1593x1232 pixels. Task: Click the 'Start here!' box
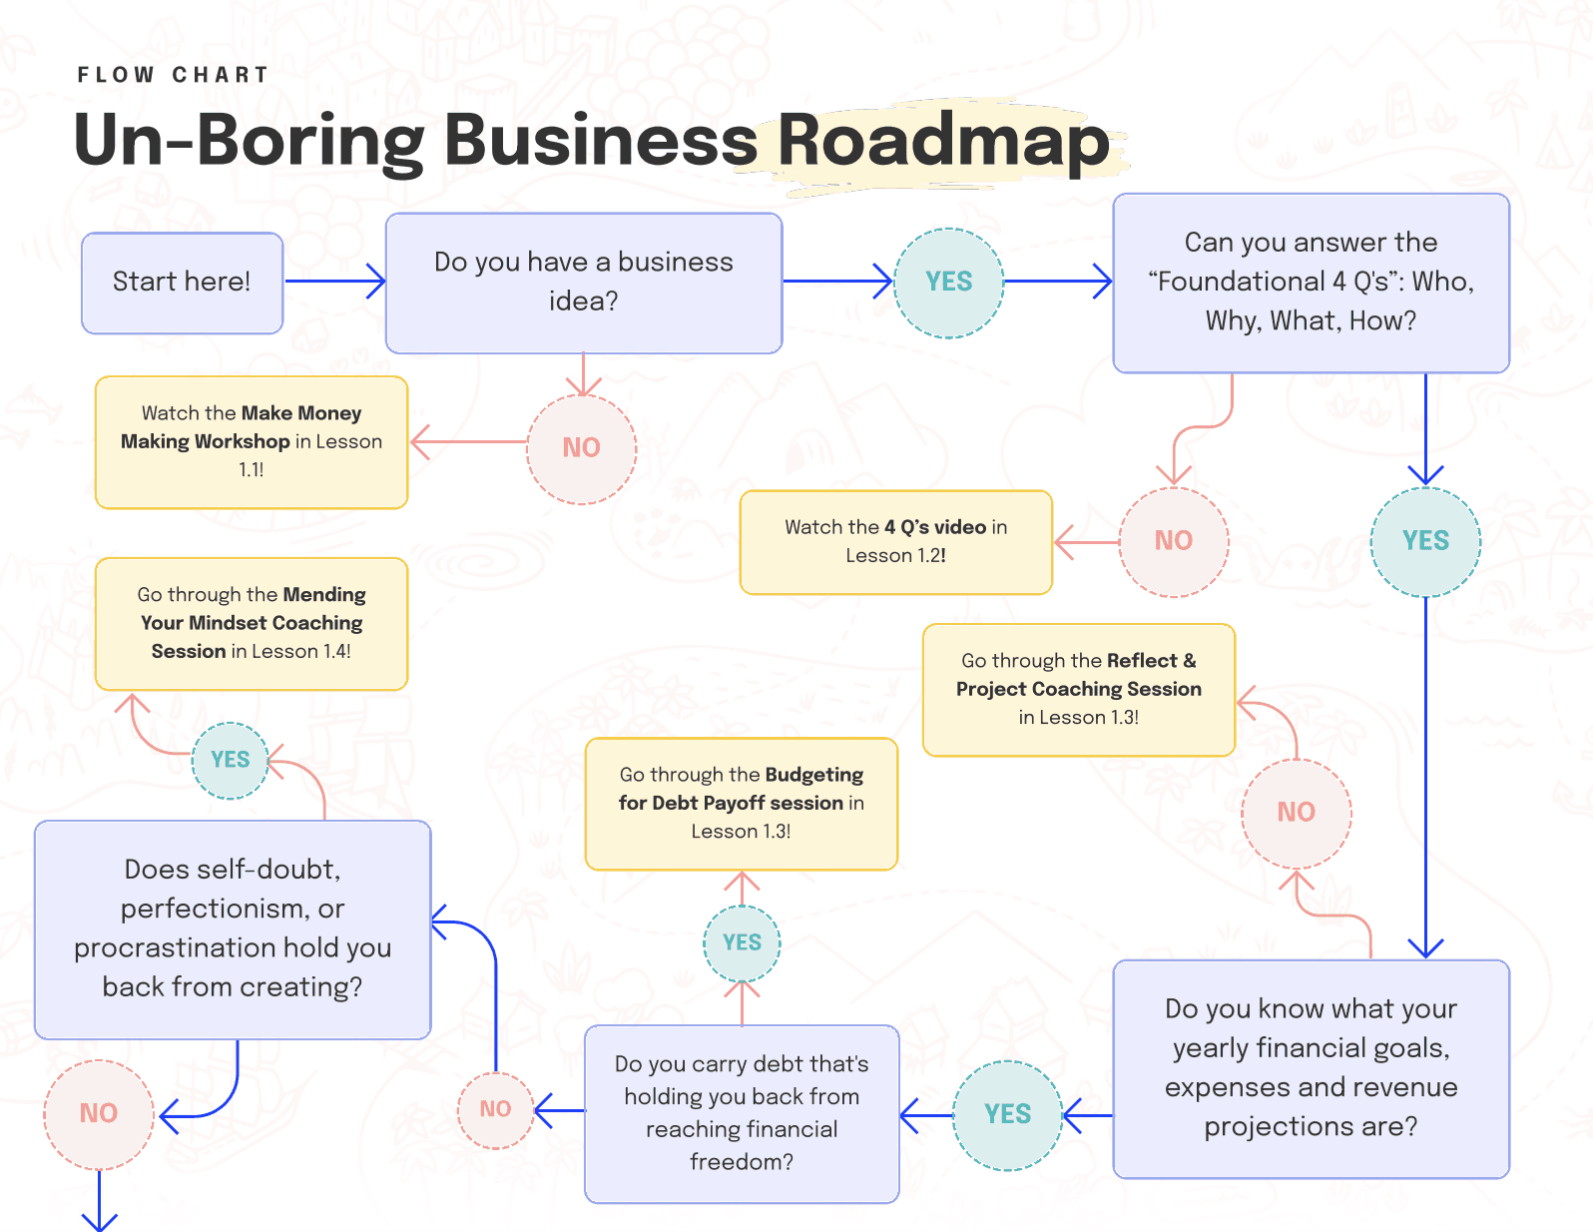tap(182, 283)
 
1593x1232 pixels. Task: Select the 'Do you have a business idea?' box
tap(584, 283)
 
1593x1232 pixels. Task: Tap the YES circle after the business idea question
tap(948, 283)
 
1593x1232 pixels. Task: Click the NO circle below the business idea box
tap(581, 448)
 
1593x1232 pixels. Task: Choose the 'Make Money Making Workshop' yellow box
tap(252, 442)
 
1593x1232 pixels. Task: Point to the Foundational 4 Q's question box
tap(1311, 283)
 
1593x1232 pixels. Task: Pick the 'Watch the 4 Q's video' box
tap(895, 542)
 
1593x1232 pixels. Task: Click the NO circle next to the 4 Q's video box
tap(1174, 541)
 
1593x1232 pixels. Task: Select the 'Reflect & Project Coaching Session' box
tap(1079, 690)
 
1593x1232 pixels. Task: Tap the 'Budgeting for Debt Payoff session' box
tap(742, 804)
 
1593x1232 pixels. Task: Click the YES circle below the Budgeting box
tap(742, 943)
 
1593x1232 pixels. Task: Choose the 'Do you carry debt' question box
tap(742, 1113)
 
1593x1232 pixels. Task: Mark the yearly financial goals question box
tap(1311, 1068)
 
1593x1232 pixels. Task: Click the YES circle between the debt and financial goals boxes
tap(1007, 1115)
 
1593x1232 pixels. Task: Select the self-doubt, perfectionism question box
tap(233, 929)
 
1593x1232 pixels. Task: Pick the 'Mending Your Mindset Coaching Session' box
tap(252, 624)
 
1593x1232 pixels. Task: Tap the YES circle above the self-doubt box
tap(231, 761)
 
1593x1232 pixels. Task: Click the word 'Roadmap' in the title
tap(943, 141)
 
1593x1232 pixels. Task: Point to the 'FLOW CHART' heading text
tap(173, 75)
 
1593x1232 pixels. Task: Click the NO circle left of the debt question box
tap(495, 1110)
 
